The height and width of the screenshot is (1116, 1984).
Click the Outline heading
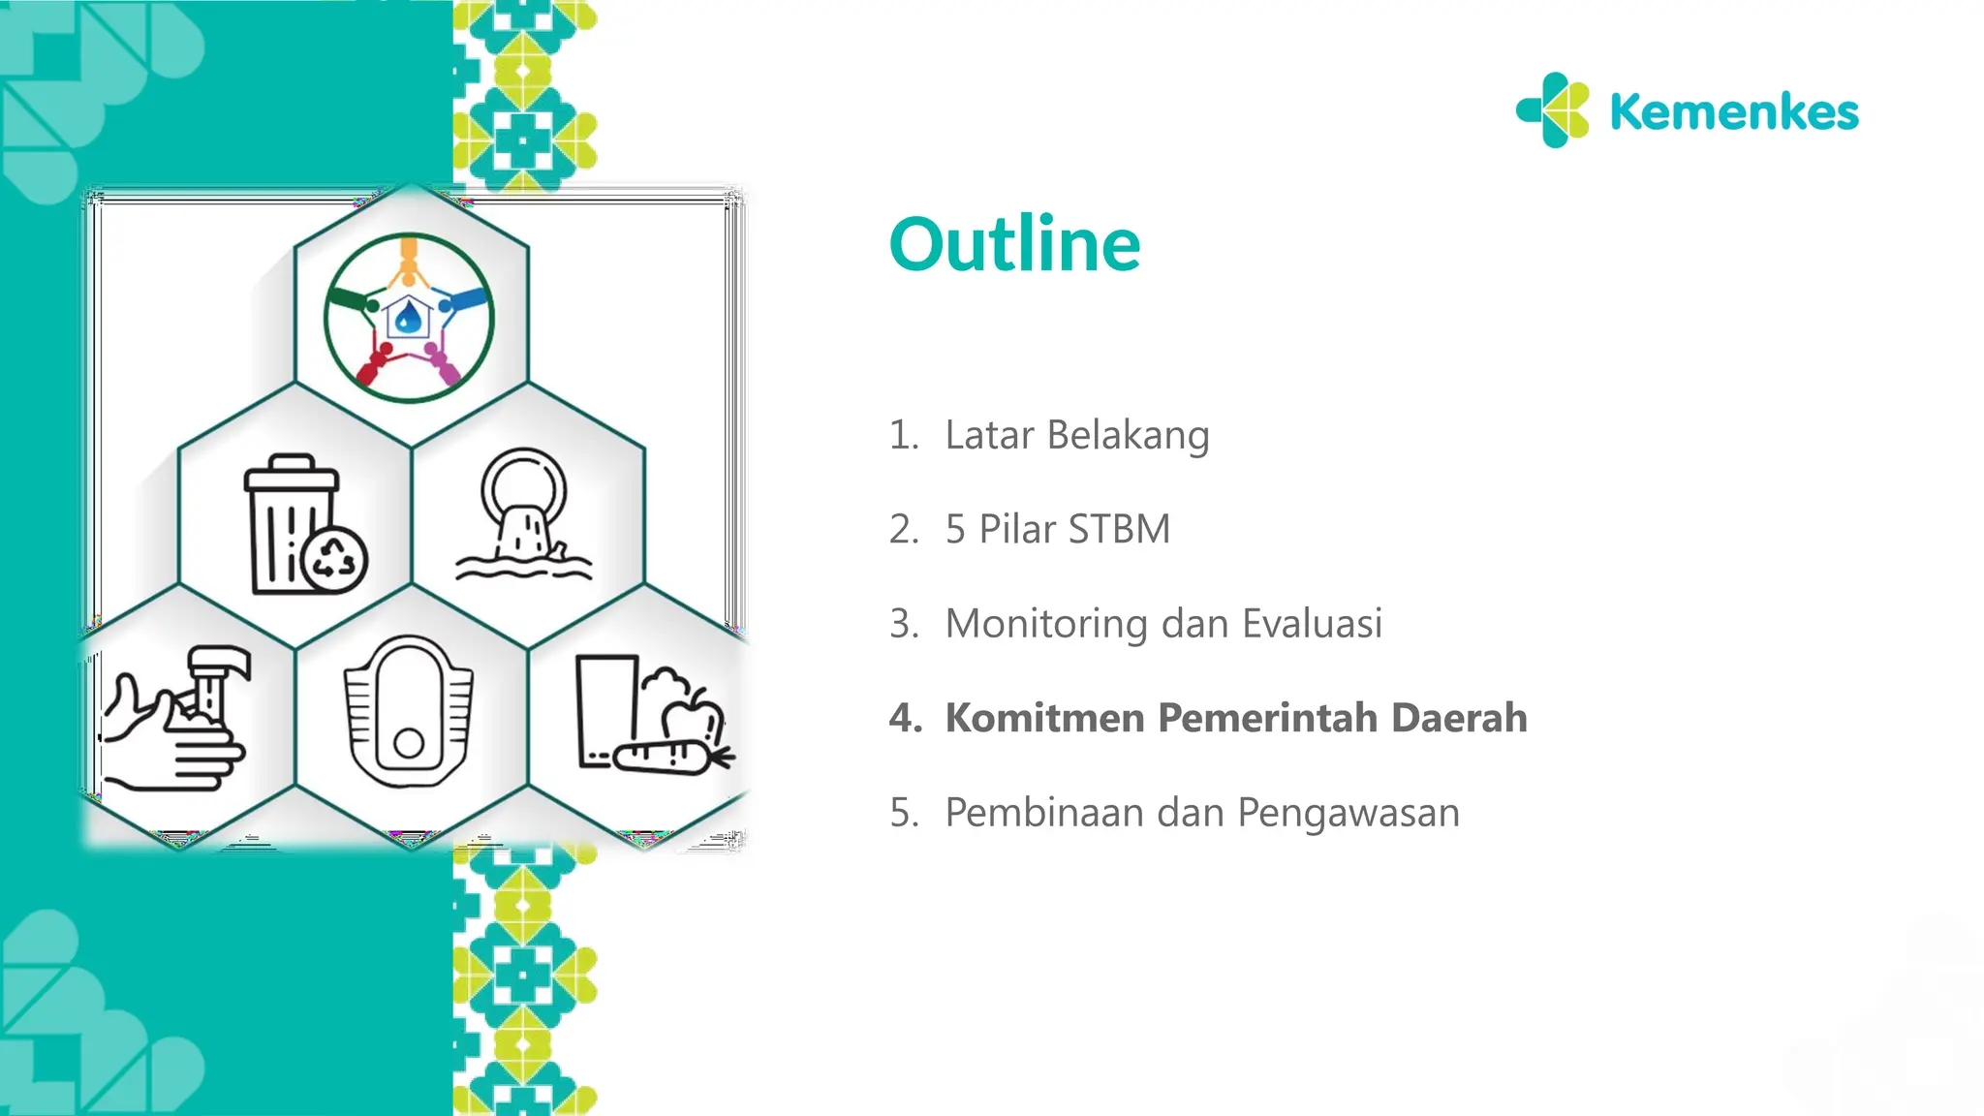1014,244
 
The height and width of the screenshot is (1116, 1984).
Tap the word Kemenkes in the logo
1733,112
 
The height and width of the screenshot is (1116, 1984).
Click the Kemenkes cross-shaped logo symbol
1554,110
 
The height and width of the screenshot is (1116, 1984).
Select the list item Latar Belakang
1076,435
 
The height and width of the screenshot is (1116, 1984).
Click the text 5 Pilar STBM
1057,529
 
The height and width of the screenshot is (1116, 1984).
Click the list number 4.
905,718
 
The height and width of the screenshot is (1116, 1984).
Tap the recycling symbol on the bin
334,559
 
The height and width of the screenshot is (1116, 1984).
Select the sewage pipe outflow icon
524,513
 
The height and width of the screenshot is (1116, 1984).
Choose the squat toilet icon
409,712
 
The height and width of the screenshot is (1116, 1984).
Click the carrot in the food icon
668,756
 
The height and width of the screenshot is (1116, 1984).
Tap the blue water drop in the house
409,316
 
